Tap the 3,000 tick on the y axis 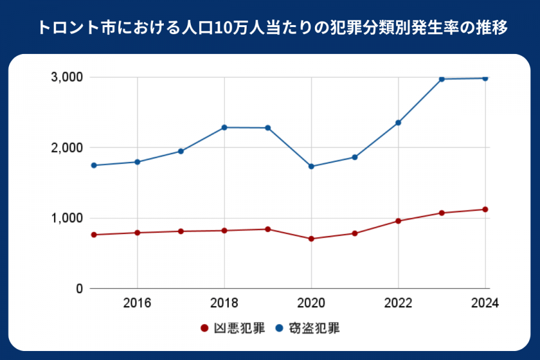[x=68, y=77]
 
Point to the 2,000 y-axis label [x=68, y=148]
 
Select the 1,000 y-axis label [x=68, y=218]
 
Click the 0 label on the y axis [x=79, y=289]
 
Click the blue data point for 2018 [x=224, y=127]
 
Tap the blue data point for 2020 [x=311, y=166]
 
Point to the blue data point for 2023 [x=442, y=79]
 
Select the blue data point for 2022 [x=398, y=122]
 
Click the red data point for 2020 [x=311, y=239]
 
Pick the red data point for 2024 [x=485, y=209]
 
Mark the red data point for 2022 [x=398, y=221]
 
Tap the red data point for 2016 [x=137, y=233]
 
